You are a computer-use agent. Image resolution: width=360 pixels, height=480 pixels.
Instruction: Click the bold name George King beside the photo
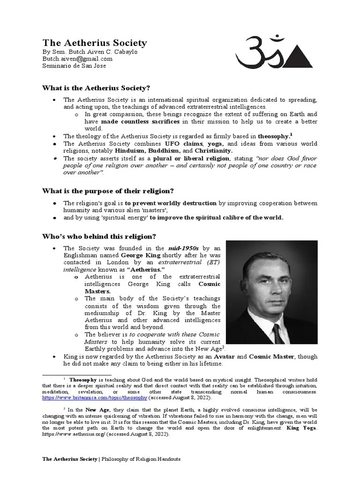(138, 255)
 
